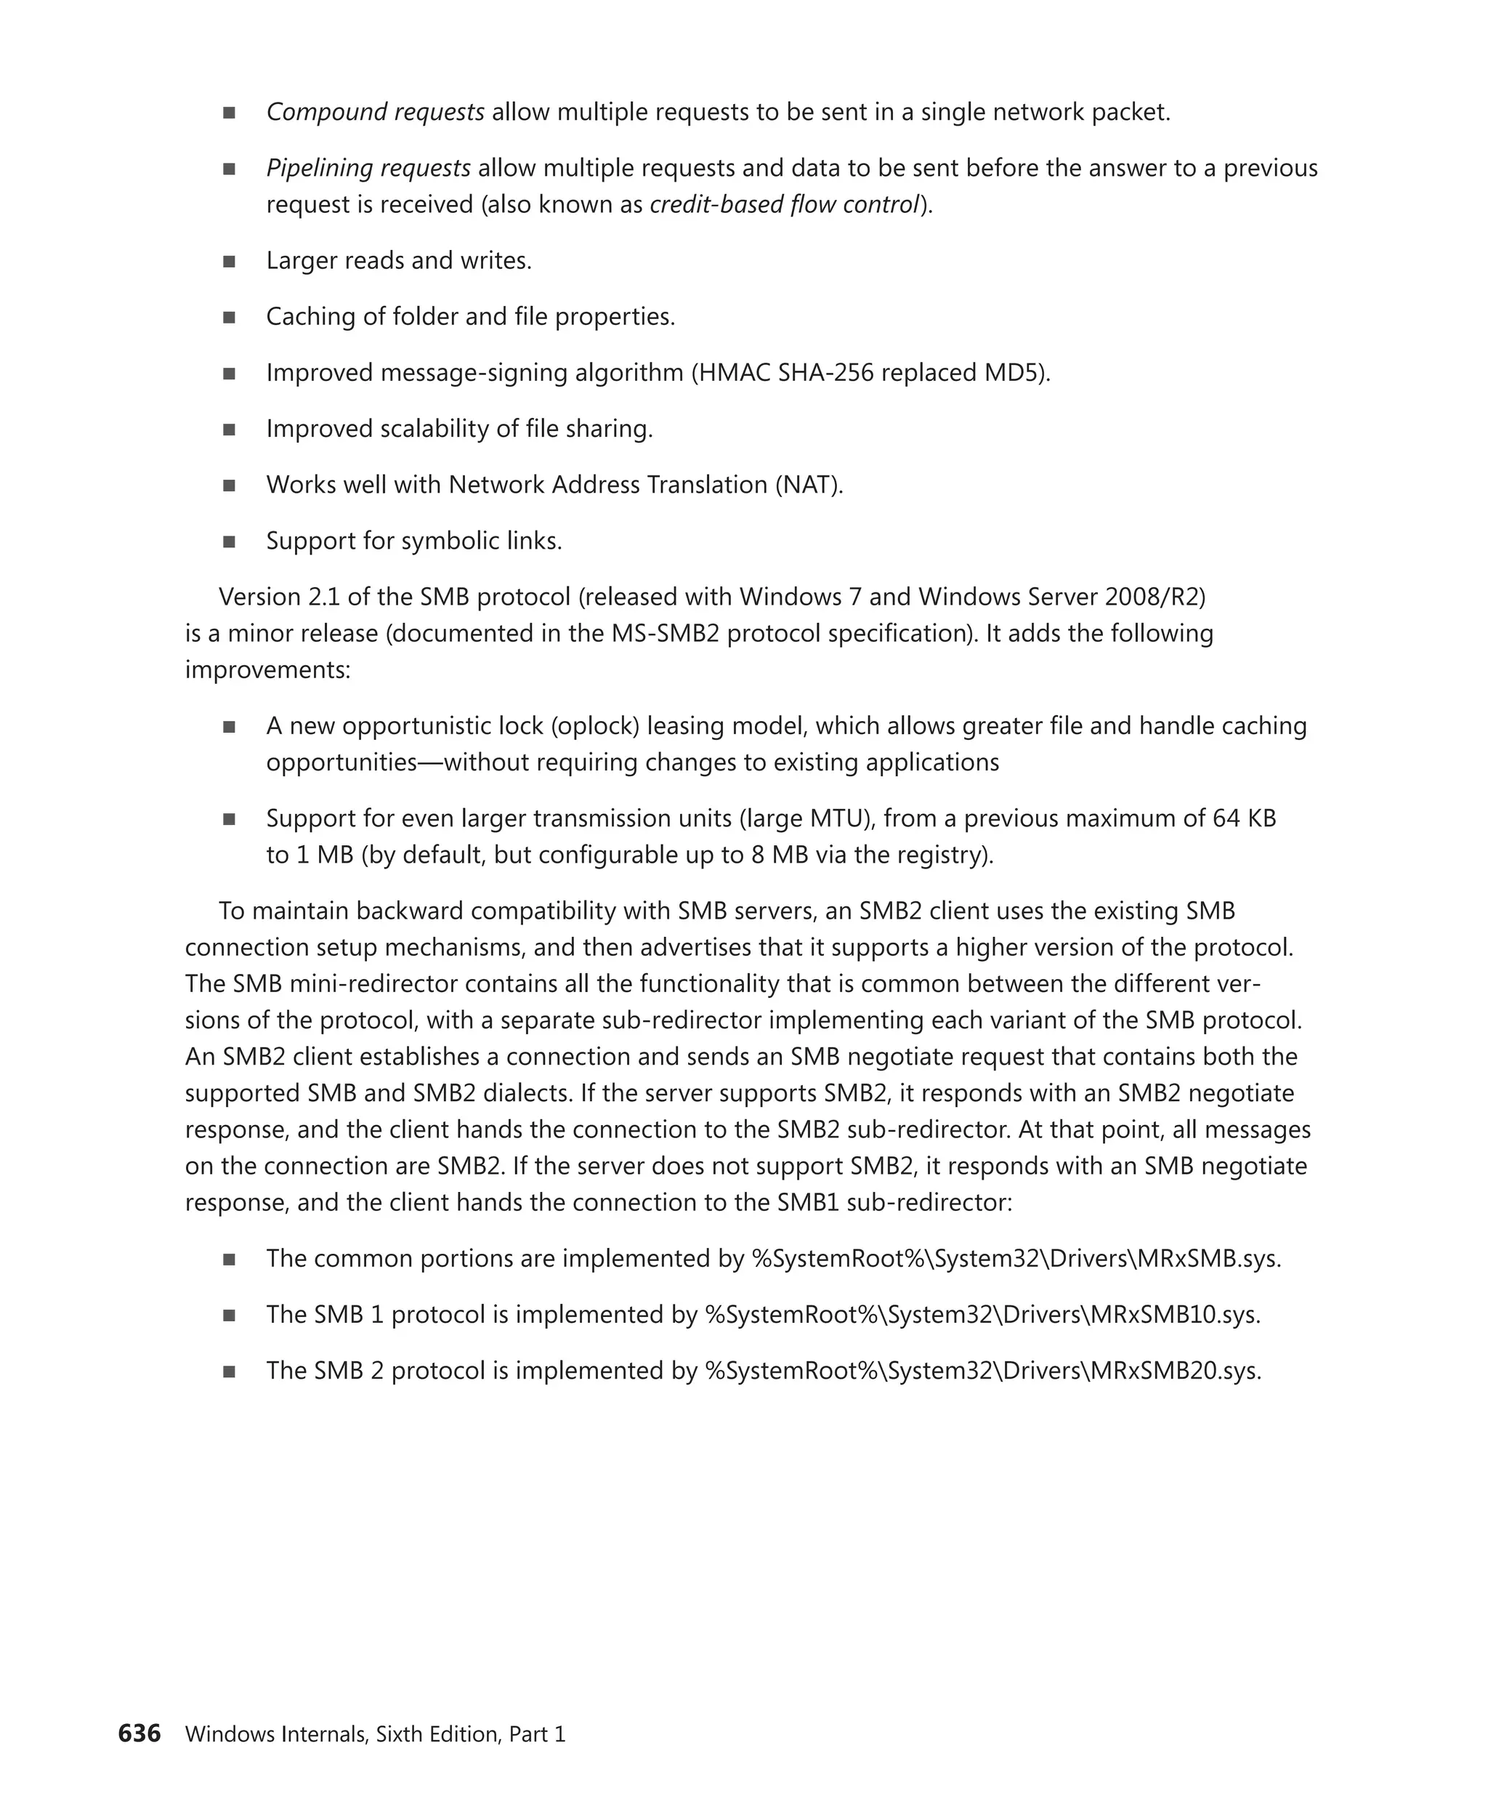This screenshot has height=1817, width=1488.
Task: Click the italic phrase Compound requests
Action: click(x=375, y=113)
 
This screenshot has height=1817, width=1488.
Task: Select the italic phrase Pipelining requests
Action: click(x=368, y=168)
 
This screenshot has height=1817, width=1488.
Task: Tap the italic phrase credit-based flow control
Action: click(x=783, y=205)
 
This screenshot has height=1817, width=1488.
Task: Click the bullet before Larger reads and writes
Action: click(x=229, y=262)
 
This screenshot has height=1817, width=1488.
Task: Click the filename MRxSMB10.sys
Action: click(x=1174, y=1315)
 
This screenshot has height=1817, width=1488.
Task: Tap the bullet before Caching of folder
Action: click(x=229, y=318)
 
